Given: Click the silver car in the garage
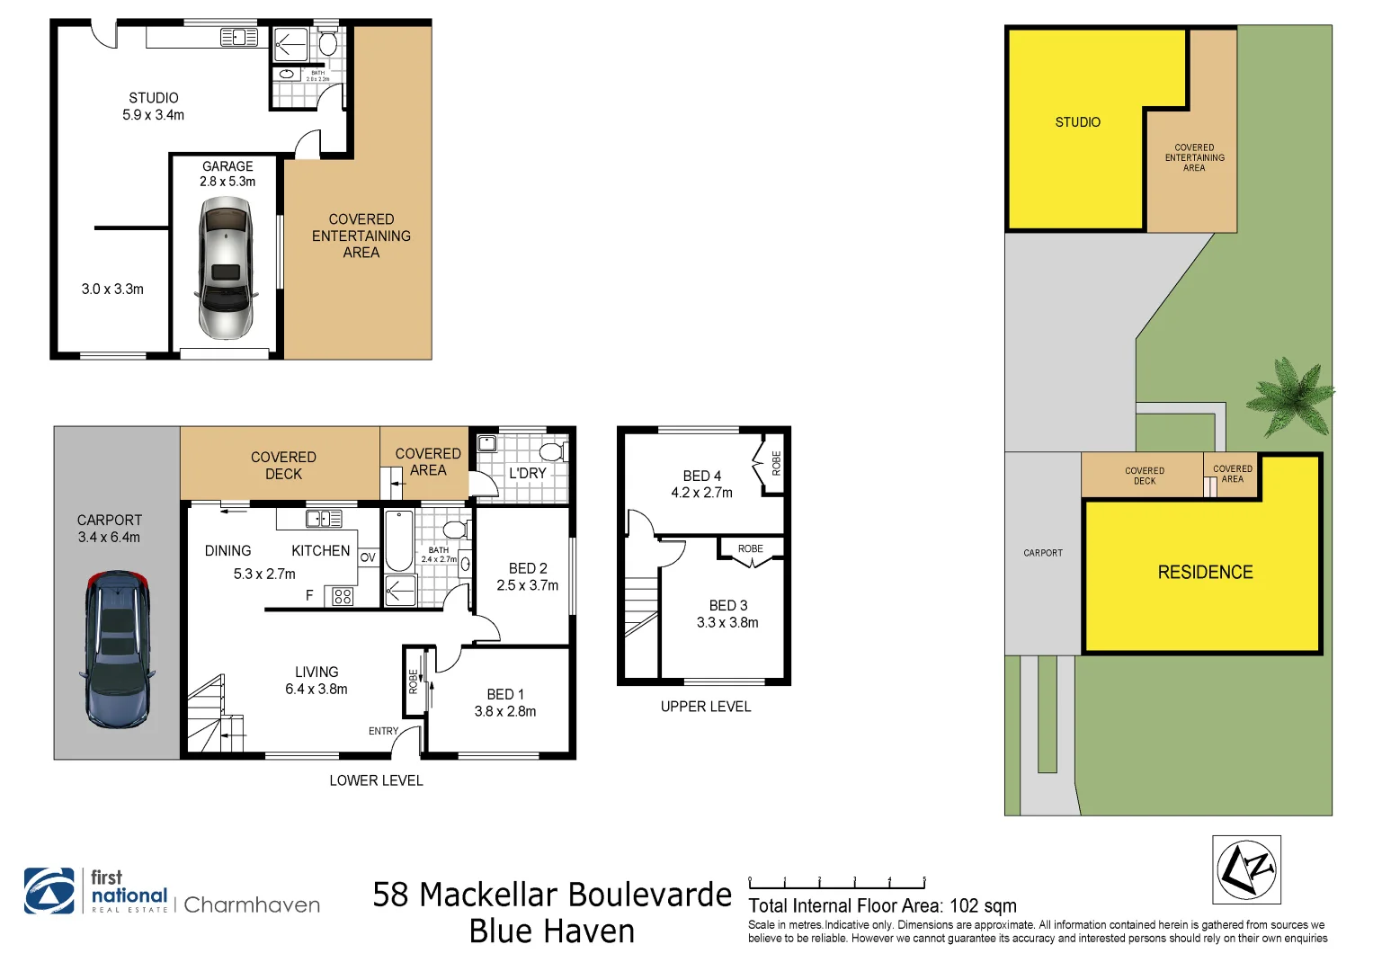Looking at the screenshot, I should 225,267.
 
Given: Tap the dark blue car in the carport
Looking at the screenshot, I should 117,649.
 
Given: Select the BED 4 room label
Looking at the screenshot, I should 701,484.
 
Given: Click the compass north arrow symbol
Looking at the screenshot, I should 1246,869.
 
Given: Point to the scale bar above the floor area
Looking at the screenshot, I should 836,885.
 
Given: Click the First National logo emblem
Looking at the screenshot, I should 49,891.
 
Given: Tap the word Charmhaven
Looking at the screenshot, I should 252,905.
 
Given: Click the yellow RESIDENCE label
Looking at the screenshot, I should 1205,573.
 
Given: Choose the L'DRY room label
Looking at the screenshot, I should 527,473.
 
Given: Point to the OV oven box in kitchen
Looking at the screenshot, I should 368,557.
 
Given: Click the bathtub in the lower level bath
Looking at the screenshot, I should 398,541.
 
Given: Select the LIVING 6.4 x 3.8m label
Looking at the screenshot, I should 317,681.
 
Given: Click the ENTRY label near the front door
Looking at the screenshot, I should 383,731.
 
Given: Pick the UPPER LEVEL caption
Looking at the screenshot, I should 706,707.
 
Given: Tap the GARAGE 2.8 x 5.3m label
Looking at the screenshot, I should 227,174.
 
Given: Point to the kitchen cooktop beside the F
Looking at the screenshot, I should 343,595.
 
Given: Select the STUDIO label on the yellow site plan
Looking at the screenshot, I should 1077,122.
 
